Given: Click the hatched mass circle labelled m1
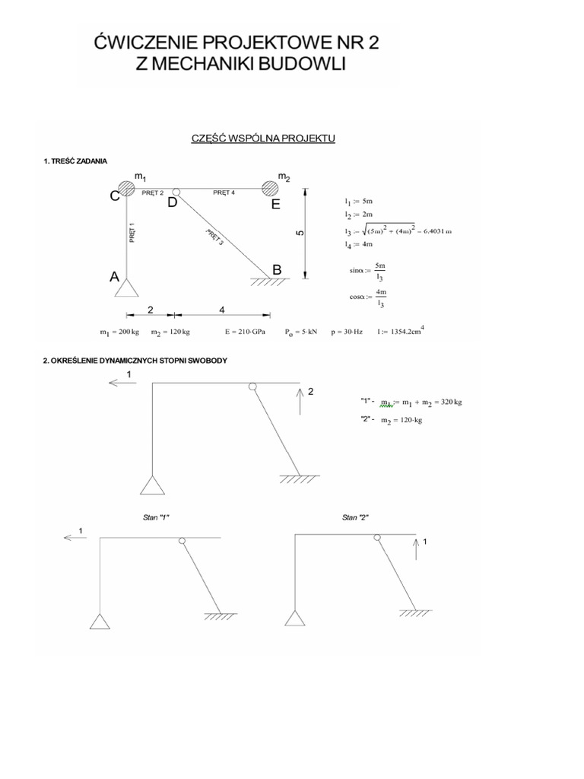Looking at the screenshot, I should (x=126, y=189).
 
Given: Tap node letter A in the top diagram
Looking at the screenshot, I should (x=114, y=278).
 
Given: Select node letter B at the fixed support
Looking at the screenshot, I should (x=278, y=270).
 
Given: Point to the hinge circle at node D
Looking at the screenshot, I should (x=176, y=192).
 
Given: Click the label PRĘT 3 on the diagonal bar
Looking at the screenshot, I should (x=214, y=239).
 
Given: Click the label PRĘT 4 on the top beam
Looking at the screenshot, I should (x=224, y=193).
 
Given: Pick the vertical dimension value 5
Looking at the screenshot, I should (x=300, y=233).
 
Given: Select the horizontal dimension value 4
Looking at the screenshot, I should (x=221, y=310).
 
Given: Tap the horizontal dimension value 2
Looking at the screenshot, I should (x=151, y=310).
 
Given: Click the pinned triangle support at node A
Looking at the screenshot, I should (x=126, y=288).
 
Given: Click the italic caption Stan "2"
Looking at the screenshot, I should (x=355, y=517).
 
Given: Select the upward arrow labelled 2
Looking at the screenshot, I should (x=301, y=401).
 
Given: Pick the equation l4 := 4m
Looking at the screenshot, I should (x=356, y=243).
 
